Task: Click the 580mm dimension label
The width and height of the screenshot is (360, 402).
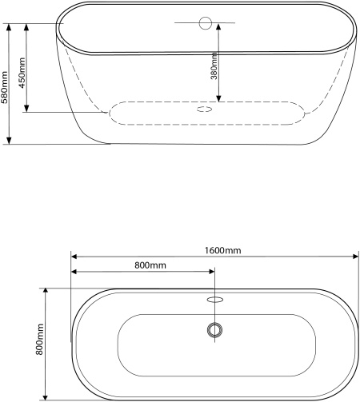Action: (x=4, y=87)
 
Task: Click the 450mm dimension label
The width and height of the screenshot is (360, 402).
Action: (x=22, y=73)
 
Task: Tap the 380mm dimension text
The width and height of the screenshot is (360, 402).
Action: (x=214, y=66)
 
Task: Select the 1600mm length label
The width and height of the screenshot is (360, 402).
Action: (x=222, y=250)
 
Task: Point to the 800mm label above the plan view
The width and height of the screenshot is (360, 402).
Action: (x=150, y=265)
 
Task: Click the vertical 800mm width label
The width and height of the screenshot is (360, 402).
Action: (x=39, y=339)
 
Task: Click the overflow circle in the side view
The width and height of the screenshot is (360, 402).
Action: (x=206, y=23)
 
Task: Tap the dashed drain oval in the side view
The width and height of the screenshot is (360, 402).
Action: (x=205, y=109)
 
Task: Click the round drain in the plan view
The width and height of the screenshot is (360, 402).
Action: (x=214, y=330)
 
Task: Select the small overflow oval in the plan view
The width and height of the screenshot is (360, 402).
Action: (x=215, y=300)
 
